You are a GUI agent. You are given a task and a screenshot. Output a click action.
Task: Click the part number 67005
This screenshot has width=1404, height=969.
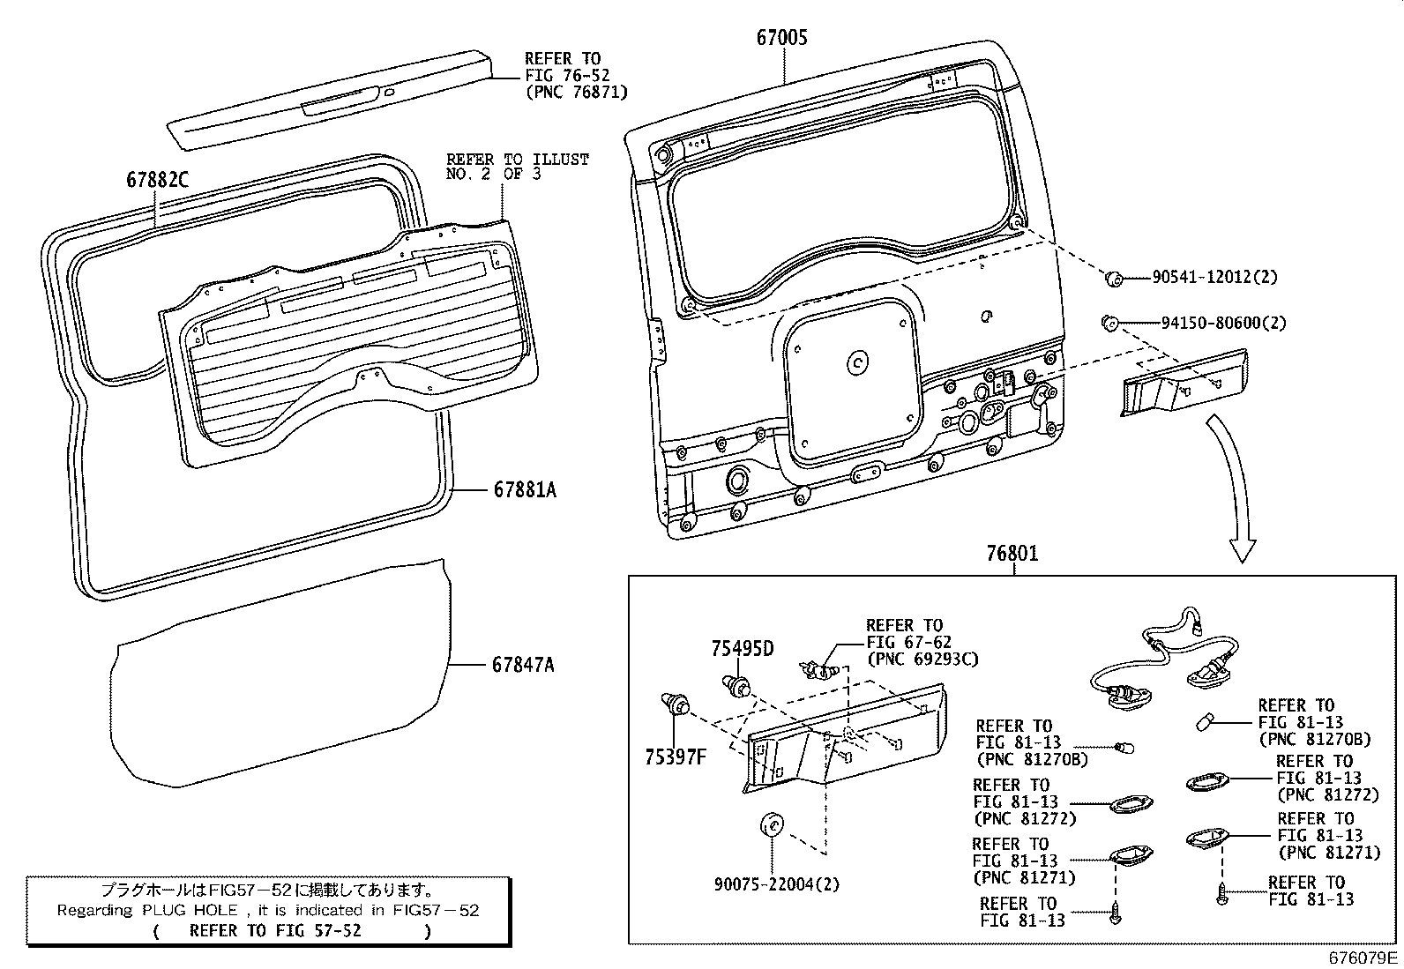pos(781,37)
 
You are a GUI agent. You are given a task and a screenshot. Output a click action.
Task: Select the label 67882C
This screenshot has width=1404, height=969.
pos(157,179)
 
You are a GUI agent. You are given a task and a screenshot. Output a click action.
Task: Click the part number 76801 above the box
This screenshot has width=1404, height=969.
pos(1012,554)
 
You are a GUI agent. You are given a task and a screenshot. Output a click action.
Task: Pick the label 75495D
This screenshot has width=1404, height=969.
pos(743,650)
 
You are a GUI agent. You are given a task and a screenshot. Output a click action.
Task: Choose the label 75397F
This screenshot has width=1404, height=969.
pos(676,757)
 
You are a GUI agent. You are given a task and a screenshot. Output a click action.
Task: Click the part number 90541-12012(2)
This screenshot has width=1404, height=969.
pos(1214,278)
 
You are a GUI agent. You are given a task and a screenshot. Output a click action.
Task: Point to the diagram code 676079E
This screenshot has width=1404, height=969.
pos(1364,958)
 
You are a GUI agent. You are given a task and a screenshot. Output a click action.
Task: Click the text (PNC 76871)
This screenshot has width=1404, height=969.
pos(577,92)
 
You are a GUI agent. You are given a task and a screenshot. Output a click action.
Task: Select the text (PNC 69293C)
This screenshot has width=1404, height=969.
pos(922,659)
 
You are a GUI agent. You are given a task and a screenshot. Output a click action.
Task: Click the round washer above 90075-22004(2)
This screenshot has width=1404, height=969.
pos(772,826)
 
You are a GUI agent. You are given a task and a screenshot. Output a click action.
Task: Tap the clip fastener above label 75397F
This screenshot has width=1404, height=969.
pos(676,704)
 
